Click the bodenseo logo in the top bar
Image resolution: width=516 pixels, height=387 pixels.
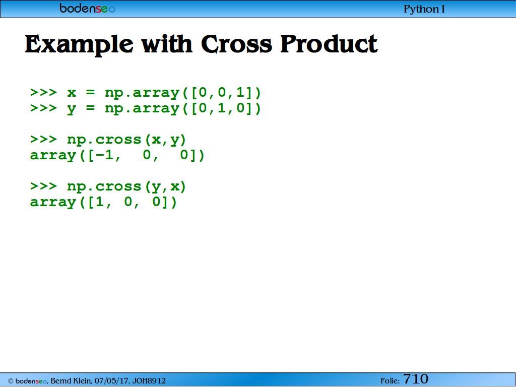[88, 8]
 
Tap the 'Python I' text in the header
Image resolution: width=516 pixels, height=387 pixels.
[424, 9]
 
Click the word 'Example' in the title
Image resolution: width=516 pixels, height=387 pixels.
[79, 45]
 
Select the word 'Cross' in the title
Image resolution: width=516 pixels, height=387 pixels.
[237, 44]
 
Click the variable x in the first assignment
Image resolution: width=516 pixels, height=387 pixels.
[72, 93]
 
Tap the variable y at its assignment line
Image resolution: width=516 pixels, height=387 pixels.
[72, 109]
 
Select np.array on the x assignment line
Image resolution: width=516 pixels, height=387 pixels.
[142, 93]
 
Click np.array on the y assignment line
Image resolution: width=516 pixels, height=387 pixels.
[142, 109]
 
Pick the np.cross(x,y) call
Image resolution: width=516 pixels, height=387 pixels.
[126, 140]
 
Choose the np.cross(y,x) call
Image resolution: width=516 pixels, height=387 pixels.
[126, 187]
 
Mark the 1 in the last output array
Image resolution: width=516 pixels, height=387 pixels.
[100, 202]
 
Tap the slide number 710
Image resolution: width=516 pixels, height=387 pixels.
[416, 379]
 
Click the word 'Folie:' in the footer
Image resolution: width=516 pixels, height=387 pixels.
[390, 381]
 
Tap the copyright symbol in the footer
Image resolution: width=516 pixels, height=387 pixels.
[11, 381]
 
